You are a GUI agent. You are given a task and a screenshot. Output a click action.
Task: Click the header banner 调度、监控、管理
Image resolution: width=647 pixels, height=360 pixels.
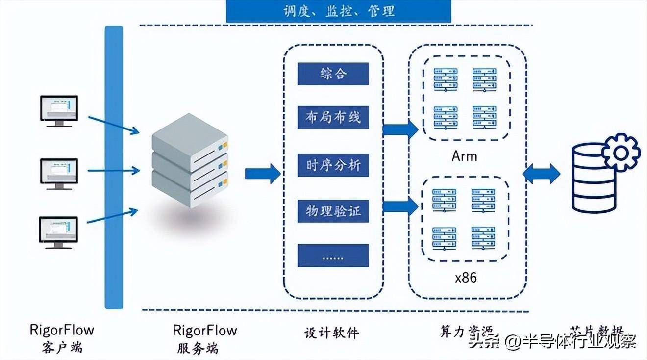(x=338, y=11)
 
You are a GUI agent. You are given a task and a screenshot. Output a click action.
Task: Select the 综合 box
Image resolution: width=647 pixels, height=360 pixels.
(x=333, y=74)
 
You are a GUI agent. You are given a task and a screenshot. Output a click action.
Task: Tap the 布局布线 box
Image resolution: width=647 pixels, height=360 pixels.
(x=333, y=118)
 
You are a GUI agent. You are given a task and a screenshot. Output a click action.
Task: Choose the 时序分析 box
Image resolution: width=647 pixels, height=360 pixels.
(x=333, y=165)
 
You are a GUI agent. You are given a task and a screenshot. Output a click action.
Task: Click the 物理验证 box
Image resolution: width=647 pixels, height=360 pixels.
(x=333, y=211)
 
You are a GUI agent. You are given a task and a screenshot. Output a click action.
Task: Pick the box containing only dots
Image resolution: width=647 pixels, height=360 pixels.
(x=333, y=256)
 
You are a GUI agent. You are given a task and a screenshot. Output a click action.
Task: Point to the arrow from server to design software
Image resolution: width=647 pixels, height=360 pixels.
(x=262, y=173)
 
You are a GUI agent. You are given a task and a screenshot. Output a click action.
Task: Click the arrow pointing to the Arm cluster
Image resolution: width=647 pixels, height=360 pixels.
(x=400, y=129)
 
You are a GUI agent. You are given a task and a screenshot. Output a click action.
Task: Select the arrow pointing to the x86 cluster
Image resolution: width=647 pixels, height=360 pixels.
(x=400, y=206)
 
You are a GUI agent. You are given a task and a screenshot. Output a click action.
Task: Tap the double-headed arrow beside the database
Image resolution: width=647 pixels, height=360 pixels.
(x=541, y=174)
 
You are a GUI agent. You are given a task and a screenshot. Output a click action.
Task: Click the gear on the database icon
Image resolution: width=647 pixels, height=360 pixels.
(x=621, y=152)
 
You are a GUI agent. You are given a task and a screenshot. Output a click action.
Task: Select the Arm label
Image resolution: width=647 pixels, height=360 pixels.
(x=464, y=157)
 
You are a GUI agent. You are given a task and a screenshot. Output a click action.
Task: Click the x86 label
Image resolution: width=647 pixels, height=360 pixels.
(x=465, y=278)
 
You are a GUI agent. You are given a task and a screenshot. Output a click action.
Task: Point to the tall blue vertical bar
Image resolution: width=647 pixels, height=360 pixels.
(x=114, y=167)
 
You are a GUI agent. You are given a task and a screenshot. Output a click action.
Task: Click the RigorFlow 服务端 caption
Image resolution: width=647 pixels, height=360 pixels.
(x=204, y=339)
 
